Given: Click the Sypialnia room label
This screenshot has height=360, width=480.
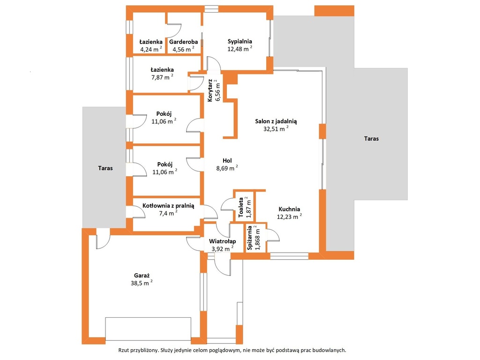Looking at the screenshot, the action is [240, 41].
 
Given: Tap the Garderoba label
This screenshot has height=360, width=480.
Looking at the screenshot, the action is [183, 42].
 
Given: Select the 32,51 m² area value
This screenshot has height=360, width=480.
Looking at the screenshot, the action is [276, 128].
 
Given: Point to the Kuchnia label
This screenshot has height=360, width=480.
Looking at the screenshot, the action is [289, 210].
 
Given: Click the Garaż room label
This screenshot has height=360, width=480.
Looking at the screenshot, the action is [142, 276].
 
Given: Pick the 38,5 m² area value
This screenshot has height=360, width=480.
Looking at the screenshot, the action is [142, 283].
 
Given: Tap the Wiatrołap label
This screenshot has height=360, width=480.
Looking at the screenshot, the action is [223, 241].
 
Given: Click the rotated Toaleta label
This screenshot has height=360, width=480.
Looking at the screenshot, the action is [241, 207].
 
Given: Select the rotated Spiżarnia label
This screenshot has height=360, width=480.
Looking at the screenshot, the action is [250, 238].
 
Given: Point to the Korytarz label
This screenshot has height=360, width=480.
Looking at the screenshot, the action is [210, 90].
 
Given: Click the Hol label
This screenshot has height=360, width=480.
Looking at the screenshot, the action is [227, 160].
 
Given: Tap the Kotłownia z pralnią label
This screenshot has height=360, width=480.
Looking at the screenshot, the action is [168, 206].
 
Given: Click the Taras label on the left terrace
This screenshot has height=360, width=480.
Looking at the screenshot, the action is [105, 168].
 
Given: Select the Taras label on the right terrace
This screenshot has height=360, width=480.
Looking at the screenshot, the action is [371, 139].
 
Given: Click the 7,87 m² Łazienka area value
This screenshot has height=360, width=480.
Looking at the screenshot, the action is [162, 77].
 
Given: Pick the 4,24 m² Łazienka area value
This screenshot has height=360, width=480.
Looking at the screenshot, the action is [151, 49].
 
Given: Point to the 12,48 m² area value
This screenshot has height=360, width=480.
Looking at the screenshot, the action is [240, 49].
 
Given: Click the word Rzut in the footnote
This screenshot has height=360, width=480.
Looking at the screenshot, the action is [123, 350].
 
